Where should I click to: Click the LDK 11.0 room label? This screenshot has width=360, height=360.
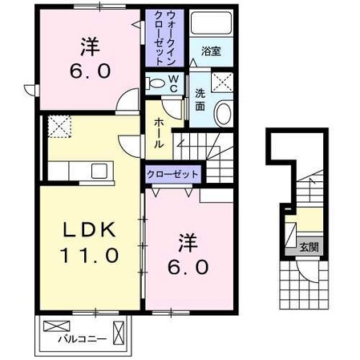pos(90,243)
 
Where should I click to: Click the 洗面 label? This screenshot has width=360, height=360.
pos(200,99)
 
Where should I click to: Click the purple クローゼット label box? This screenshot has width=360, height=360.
pos(172,174)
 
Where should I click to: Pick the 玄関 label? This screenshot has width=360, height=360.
pos(308,247)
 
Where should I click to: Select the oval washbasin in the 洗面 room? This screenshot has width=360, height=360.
pos(224,113)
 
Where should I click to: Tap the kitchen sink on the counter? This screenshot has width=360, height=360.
pos(99,170)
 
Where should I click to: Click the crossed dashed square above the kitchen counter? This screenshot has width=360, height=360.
pos(60,126)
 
